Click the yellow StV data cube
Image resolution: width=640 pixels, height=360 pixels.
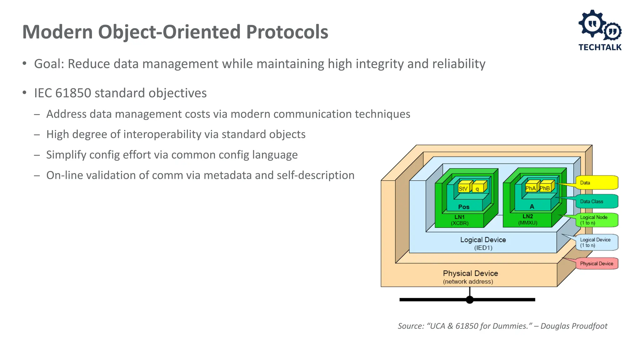[x=463, y=188]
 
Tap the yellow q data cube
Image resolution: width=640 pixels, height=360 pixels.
[x=477, y=188]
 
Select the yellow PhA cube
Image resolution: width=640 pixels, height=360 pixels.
[x=531, y=188]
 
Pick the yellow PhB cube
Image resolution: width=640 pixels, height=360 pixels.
[x=545, y=188]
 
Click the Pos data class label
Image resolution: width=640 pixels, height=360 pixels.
[x=464, y=207]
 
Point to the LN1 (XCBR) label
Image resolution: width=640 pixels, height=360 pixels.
[x=459, y=220]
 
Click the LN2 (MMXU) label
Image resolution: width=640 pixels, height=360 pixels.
[x=528, y=219]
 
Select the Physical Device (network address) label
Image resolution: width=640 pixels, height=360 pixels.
[x=470, y=277]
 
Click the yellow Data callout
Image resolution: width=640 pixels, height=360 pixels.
[x=597, y=183]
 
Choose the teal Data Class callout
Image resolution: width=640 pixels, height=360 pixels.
[x=597, y=202]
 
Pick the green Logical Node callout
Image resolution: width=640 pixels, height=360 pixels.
[x=597, y=220]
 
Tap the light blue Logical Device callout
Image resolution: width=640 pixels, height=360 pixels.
[x=597, y=242]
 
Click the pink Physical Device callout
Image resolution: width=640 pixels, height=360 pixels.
[x=597, y=263]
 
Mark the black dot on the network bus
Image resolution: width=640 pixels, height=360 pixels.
[x=470, y=300]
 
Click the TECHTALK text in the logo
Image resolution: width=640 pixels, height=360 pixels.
[x=600, y=47]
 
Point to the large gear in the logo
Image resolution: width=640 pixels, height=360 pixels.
[x=592, y=23]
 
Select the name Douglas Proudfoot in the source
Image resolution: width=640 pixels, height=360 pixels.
[x=574, y=326]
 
